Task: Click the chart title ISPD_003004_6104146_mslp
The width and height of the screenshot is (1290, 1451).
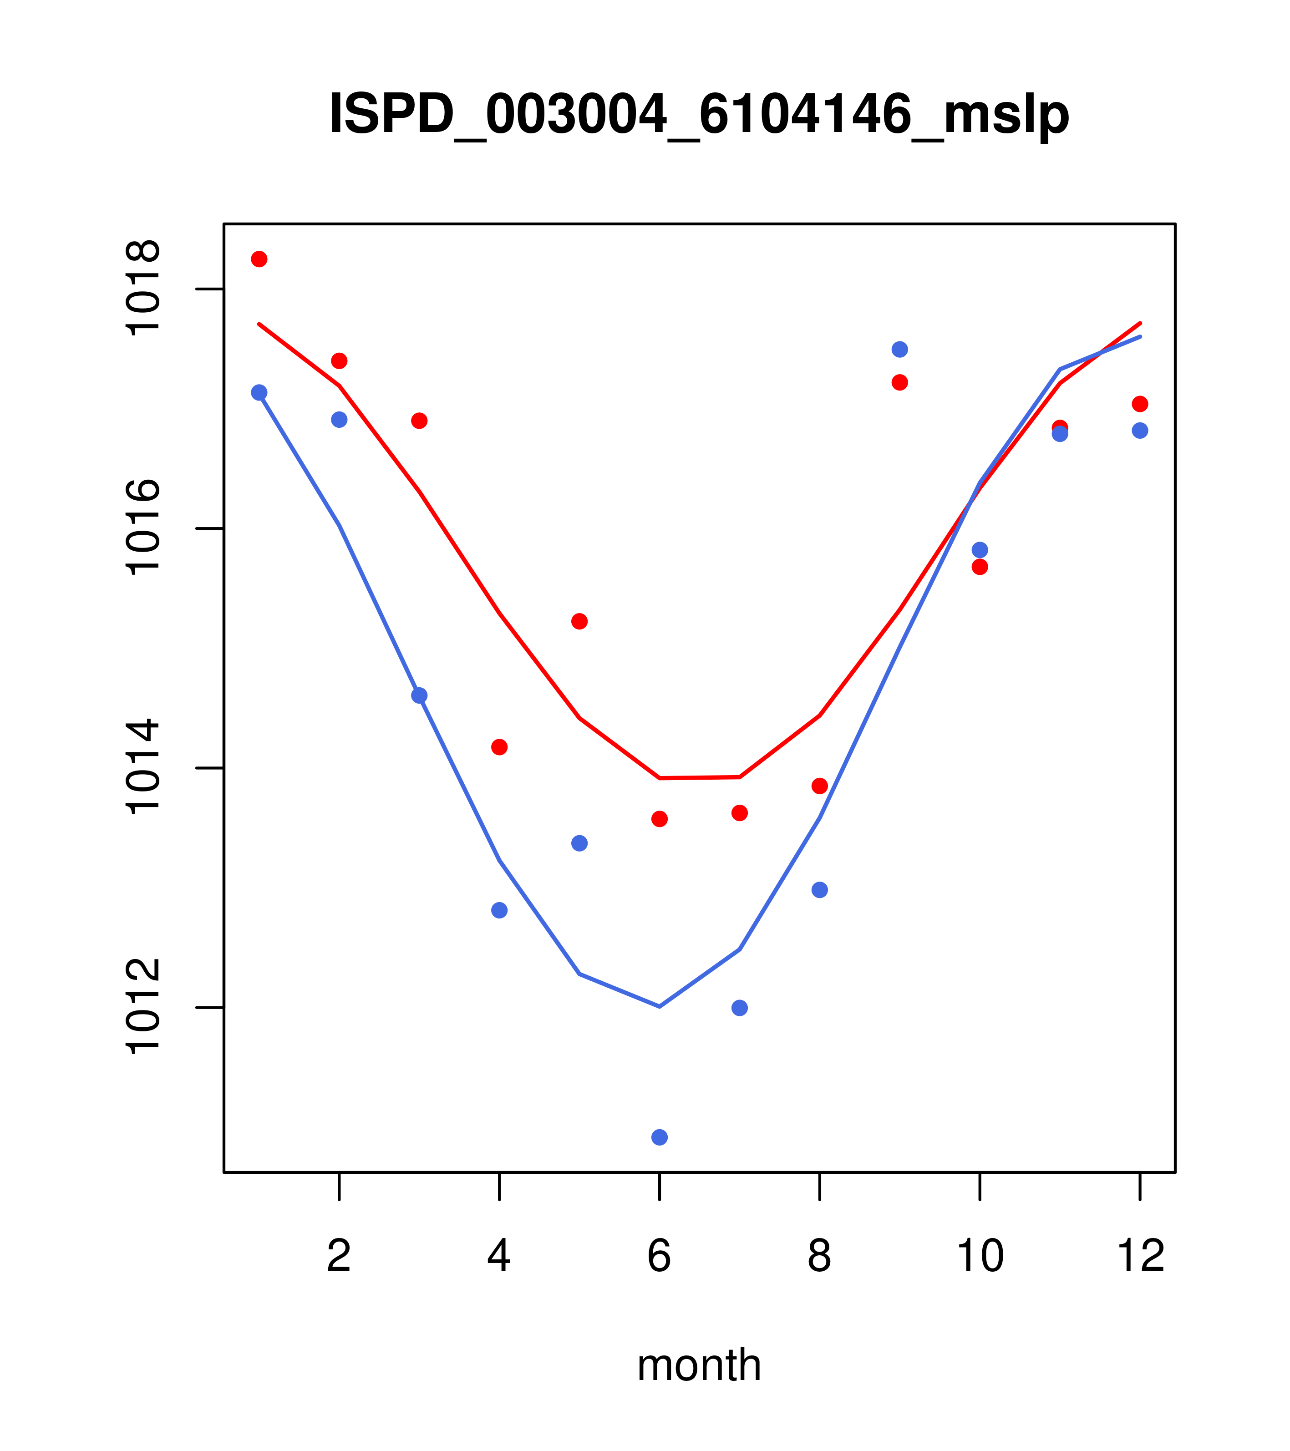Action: pyautogui.click(x=699, y=114)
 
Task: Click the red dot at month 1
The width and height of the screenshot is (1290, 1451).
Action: pyautogui.click(x=259, y=259)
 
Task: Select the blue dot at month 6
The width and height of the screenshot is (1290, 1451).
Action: pyautogui.click(x=660, y=1138)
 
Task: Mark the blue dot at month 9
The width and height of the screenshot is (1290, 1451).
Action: pyautogui.click(x=899, y=349)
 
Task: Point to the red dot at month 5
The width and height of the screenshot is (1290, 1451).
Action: pyautogui.click(x=579, y=621)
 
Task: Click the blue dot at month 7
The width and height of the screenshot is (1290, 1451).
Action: pyautogui.click(x=740, y=1008)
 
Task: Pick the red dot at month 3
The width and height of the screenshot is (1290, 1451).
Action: pyautogui.click(x=420, y=421)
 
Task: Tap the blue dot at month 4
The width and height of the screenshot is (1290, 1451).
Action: pyautogui.click(x=500, y=910)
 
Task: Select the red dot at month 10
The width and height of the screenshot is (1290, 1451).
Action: pyautogui.click(x=980, y=567)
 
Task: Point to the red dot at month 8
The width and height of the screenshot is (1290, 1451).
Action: pyautogui.click(x=820, y=786)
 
